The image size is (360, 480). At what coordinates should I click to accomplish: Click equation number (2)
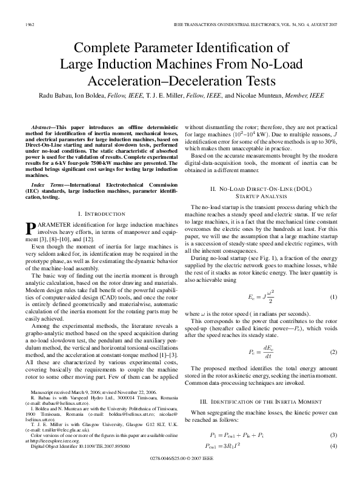333,352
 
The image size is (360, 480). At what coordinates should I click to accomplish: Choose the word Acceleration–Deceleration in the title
179,80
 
